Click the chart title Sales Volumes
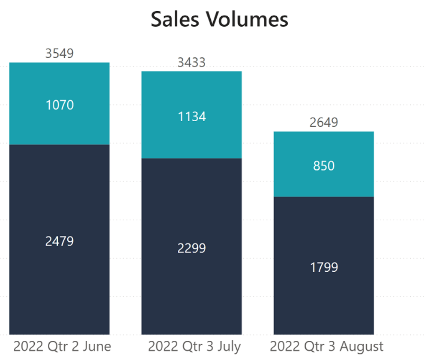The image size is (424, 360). (x=219, y=20)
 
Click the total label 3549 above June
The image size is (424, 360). (x=60, y=54)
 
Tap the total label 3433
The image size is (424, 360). (x=191, y=63)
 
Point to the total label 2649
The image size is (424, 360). (x=324, y=123)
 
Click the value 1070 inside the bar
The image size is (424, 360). (x=60, y=105)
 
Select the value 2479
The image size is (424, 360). (x=60, y=241)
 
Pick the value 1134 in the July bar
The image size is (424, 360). (x=191, y=116)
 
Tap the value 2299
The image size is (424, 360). (x=191, y=248)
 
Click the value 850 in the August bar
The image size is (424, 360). (x=324, y=165)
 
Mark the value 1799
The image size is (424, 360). (x=324, y=267)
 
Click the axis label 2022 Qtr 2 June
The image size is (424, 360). (x=62, y=346)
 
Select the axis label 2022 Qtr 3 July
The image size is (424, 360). (x=194, y=346)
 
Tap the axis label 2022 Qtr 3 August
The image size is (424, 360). (x=326, y=346)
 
